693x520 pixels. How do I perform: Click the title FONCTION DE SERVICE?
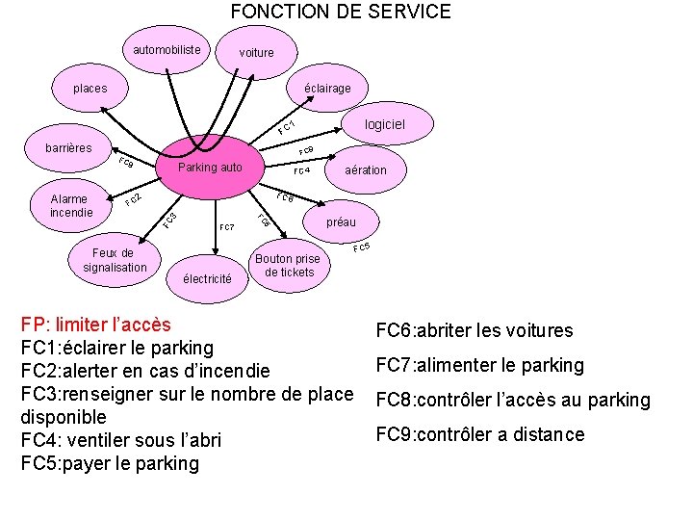341,13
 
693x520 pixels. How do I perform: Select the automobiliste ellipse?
167,50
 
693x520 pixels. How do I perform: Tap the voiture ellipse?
256,53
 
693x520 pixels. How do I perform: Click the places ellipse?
90,89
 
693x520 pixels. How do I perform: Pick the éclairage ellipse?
327,89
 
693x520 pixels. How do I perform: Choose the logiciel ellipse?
384,125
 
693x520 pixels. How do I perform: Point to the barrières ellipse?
69,148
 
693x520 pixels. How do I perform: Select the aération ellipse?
366,170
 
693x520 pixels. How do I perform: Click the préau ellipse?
341,222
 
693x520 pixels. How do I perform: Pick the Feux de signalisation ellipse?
115,260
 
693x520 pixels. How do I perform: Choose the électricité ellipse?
207,279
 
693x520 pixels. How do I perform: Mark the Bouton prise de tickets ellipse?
288,266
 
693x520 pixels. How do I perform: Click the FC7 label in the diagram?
227,228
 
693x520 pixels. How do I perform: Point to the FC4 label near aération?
301,171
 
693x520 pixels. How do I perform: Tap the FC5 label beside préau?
362,248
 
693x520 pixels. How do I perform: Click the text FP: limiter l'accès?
95,325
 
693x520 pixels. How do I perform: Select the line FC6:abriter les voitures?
474,331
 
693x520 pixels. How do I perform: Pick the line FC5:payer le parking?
110,463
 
